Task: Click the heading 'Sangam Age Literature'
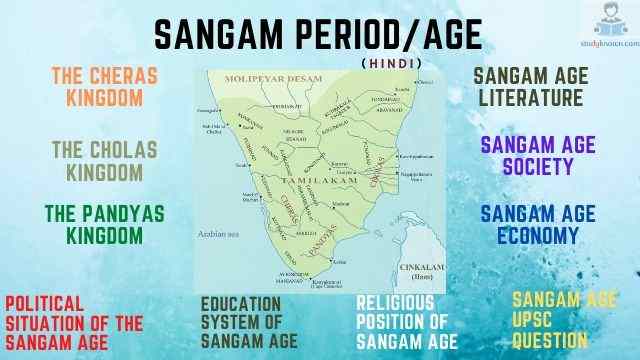tap(527, 87)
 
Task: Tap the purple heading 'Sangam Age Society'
tap(537, 156)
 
